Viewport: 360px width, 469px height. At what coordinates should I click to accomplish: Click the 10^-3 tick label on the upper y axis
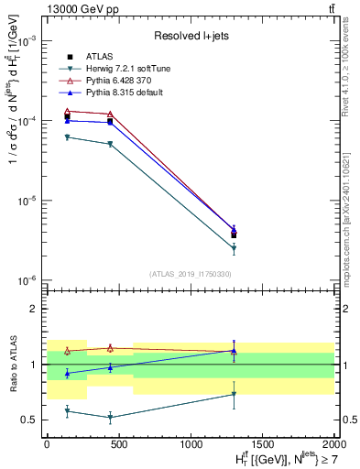(x=27, y=42)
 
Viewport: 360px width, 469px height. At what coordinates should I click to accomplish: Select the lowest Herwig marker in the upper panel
(x=234, y=248)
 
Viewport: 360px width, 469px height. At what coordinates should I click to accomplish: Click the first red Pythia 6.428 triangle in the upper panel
(x=68, y=112)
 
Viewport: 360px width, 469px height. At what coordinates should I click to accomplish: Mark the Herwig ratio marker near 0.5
(x=110, y=417)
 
